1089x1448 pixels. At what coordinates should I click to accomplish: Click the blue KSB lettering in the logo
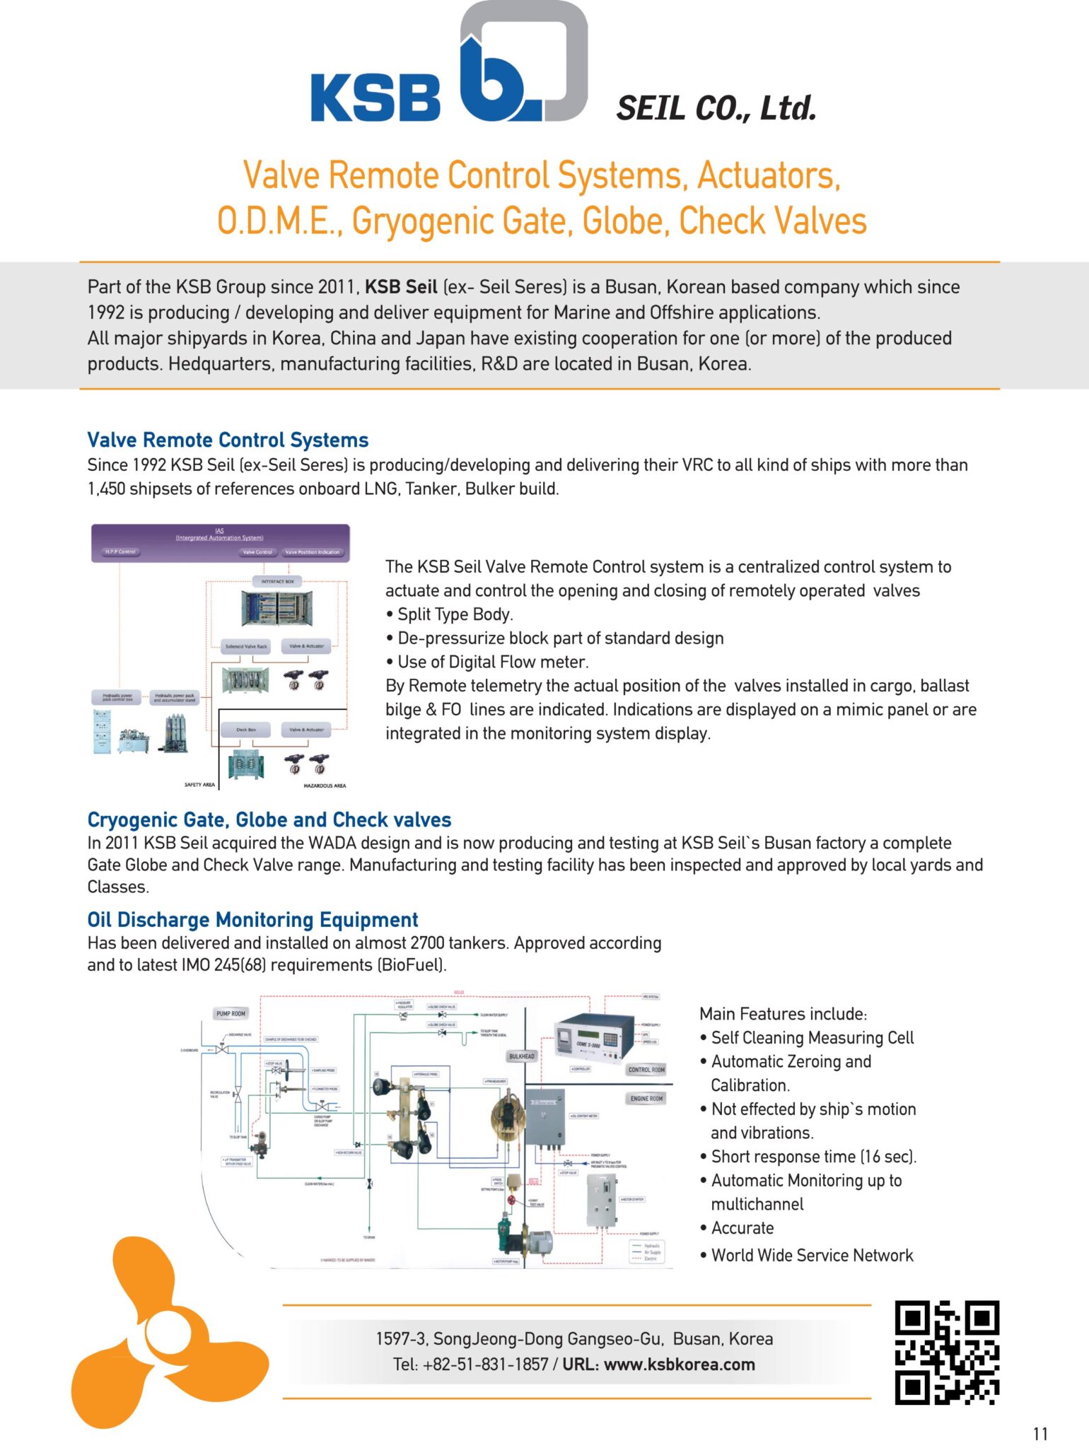click(x=375, y=98)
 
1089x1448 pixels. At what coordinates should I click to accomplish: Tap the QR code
click(x=947, y=1352)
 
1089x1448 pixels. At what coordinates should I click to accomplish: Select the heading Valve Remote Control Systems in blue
click(x=228, y=440)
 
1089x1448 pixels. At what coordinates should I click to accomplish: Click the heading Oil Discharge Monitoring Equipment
click(x=252, y=919)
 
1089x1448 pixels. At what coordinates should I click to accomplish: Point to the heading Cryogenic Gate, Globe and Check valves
click(x=269, y=819)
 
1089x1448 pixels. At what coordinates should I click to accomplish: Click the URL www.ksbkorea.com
click(x=679, y=1365)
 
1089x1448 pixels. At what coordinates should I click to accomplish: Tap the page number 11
click(x=1040, y=1434)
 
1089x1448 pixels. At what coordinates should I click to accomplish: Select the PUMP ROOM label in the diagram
click(x=231, y=1014)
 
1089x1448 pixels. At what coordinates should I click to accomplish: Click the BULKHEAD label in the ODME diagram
click(x=522, y=1056)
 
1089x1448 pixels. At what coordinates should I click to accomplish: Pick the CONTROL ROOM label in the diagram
click(x=646, y=1070)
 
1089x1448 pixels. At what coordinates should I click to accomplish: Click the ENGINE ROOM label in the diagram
click(x=646, y=1099)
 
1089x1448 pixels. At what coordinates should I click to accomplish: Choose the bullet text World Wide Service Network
click(x=812, y=1255)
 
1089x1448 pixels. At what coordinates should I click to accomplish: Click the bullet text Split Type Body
click(x=455, y=614)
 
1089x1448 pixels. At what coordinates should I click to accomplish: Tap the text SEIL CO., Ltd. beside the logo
click(x=716, y=108)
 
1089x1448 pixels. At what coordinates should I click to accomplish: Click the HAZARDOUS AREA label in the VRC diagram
click(x=325, y=786)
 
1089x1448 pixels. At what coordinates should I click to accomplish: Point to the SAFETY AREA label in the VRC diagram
click(x=199, y=785)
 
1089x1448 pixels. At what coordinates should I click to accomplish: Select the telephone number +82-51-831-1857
click(x=485, y=1365)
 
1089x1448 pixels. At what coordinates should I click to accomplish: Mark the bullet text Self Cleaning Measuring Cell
click(x=812, y=1037)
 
